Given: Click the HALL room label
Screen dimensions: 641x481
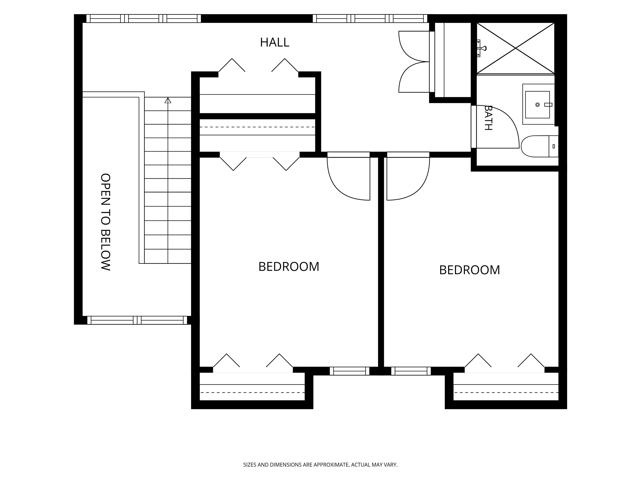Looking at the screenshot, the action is [x=274, y=42].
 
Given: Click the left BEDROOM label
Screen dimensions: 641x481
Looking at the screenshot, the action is [x=289, y=266].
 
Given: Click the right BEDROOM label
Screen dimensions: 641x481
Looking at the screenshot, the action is [x=469, y=270].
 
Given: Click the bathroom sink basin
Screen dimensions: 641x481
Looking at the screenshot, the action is [x=537, y=105].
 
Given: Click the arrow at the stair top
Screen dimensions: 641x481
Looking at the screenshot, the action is [x=168, y=100].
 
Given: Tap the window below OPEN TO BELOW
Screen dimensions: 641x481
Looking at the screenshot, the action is [x=137, y=320].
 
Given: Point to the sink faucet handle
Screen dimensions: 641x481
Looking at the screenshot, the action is [x=548, y=105].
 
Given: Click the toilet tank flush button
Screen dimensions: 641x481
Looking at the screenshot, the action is [x=554, y=146].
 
